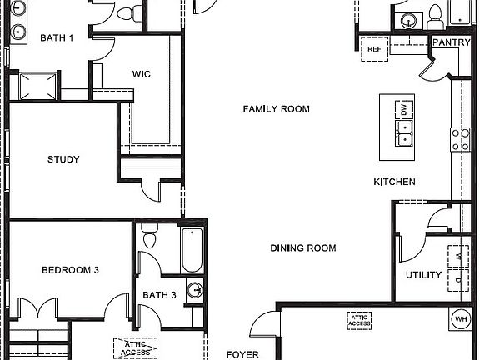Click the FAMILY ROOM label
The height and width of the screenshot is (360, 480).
pyautogui.click(x=276, y=109)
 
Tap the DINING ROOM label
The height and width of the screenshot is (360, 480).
pyautogui.click(x=302, y=247)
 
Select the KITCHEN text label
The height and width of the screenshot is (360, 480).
pyautogui.click(x=394, y=182)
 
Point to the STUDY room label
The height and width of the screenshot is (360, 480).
pyautogui.click(x=63, y=159)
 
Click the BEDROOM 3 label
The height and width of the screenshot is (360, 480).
pyautogui.click(x=71, y=270)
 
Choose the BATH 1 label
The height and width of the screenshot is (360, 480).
pyautogui.click(x=57, y=37)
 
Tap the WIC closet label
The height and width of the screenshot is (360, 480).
pyautogui.click(x=142, y=73)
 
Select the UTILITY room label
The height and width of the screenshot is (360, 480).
pyautogui.click(x=423, y=275)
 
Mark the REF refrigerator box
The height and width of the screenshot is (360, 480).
pyautogui.click(x=374, y=49)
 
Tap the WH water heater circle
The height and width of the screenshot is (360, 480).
pyautogui.click(x=460, y=318)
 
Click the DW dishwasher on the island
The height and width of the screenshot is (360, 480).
pyautogui.click(x=404, y=109)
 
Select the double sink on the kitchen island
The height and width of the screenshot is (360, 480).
pyautogui.click(x=404, y=132)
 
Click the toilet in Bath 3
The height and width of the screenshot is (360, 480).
pyautogui.click(x=150, y=237)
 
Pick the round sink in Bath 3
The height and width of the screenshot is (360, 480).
pyautogui.click(x=194, y=291)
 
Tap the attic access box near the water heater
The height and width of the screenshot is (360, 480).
pyautogui.click(x=360, y=318)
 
